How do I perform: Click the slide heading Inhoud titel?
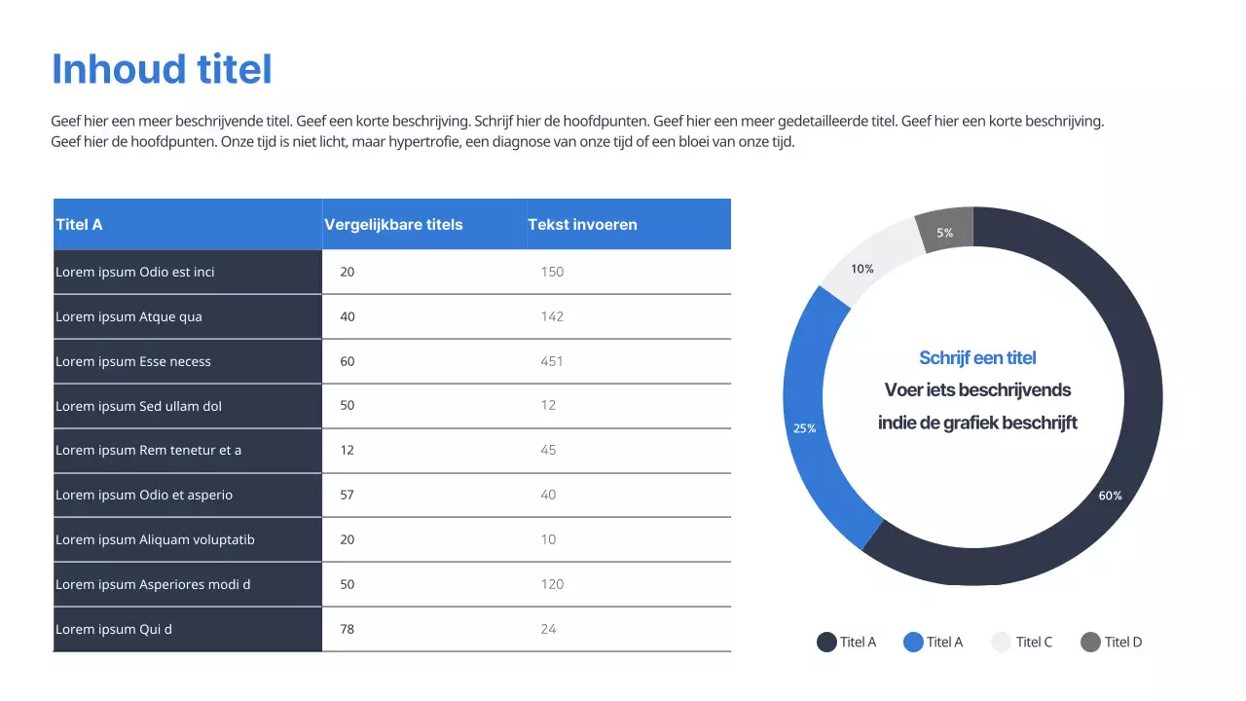click(162, 69)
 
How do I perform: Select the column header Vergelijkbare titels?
click(393, 225)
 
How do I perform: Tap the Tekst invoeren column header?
click(582, 225)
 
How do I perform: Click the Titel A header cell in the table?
click(79, 225)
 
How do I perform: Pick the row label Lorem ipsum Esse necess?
click(133, 361)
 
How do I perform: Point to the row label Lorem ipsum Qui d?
click(114, 629)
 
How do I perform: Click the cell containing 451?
click(552, 361)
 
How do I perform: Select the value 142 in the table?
click(552, 316)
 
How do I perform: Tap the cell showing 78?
click(348, 629)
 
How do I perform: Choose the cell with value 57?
click(348, 495)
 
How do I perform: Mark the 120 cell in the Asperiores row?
click(552, 584)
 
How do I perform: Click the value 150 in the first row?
click(552, 272)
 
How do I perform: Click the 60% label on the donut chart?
click(1110, 496)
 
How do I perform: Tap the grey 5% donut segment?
click(945, 232)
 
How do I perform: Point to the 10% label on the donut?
click(862, 269)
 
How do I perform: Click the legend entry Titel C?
click(1034, 642)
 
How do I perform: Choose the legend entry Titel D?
click(1122, 642)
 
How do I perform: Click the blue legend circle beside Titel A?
click(913, 642)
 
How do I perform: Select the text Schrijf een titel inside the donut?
click(977, 357)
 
